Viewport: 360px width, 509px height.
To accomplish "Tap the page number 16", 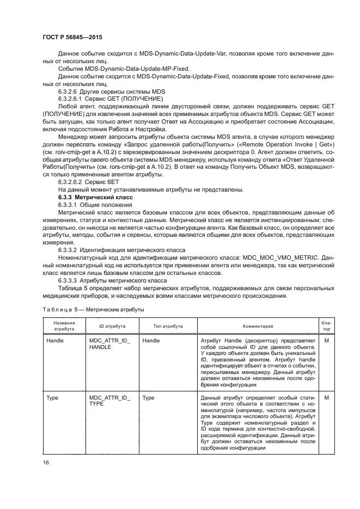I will (x=45, y=462).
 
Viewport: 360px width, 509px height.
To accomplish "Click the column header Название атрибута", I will (x=64, y=326).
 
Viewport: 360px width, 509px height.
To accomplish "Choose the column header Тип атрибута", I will (x=167, y=326).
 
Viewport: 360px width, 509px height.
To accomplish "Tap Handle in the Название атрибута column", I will (x=56, y=340).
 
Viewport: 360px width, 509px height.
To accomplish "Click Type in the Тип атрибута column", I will (x=148, y=397).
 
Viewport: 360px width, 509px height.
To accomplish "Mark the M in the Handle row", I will (x=326, y=340).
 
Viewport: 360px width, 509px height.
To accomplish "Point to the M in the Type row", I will (x=326, y=397).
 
